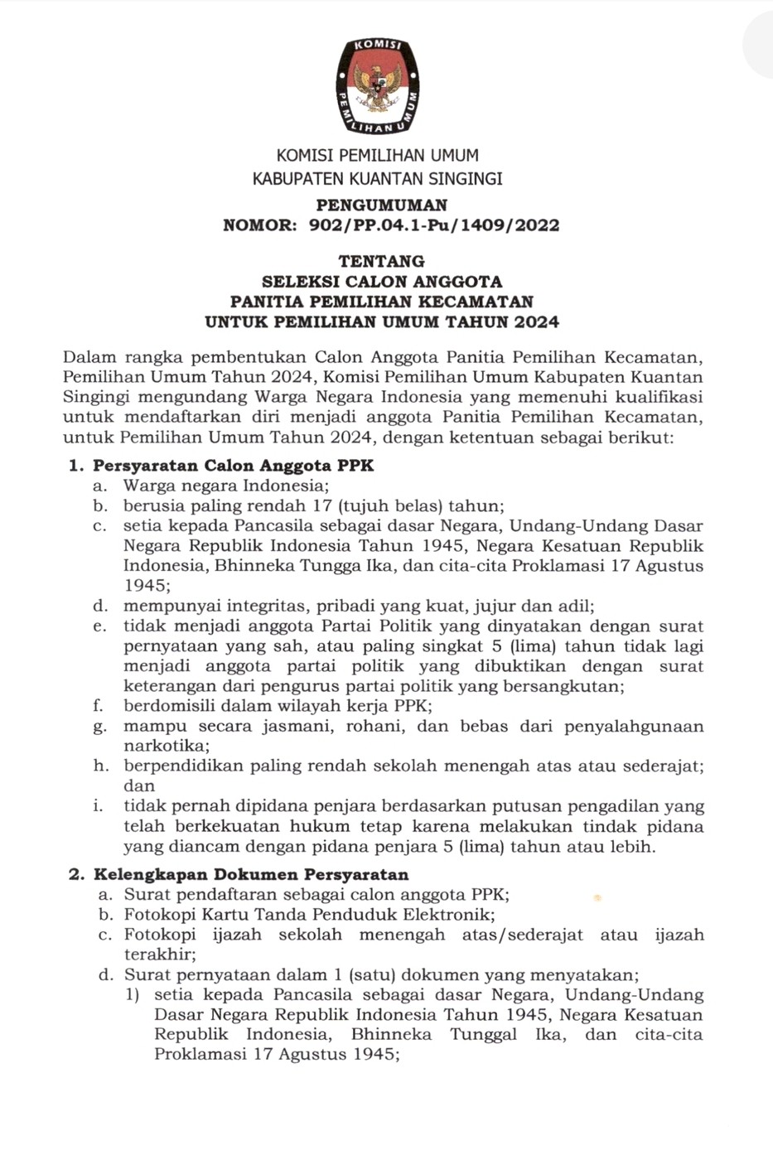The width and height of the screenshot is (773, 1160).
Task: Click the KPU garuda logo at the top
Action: [378, 85]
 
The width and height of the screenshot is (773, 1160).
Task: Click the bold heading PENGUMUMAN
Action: [381, 205]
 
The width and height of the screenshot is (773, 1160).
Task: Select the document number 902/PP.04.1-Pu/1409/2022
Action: [433, 225]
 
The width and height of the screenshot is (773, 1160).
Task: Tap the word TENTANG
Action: [381, 261]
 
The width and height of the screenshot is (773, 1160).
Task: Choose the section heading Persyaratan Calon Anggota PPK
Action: [233, 466]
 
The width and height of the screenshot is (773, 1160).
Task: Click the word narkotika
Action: [162, 746]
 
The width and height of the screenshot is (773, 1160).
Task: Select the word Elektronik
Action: [447, 915]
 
